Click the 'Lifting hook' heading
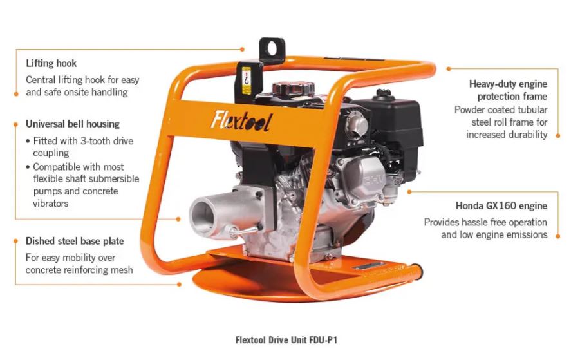(51, 63)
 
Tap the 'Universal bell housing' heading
(73, 124)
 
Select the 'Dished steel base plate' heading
(75, 242)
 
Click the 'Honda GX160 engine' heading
(501, 205)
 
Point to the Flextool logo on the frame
(241, 120)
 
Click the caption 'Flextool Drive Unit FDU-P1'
(286, 340)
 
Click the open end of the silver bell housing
(202, 216)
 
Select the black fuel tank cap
(294, 89)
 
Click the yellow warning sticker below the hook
(246, 80)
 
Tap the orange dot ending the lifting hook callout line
(242, 49)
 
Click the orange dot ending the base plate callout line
(180, 284)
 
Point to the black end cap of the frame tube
(417, 272)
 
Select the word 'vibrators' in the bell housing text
(51, 204)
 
